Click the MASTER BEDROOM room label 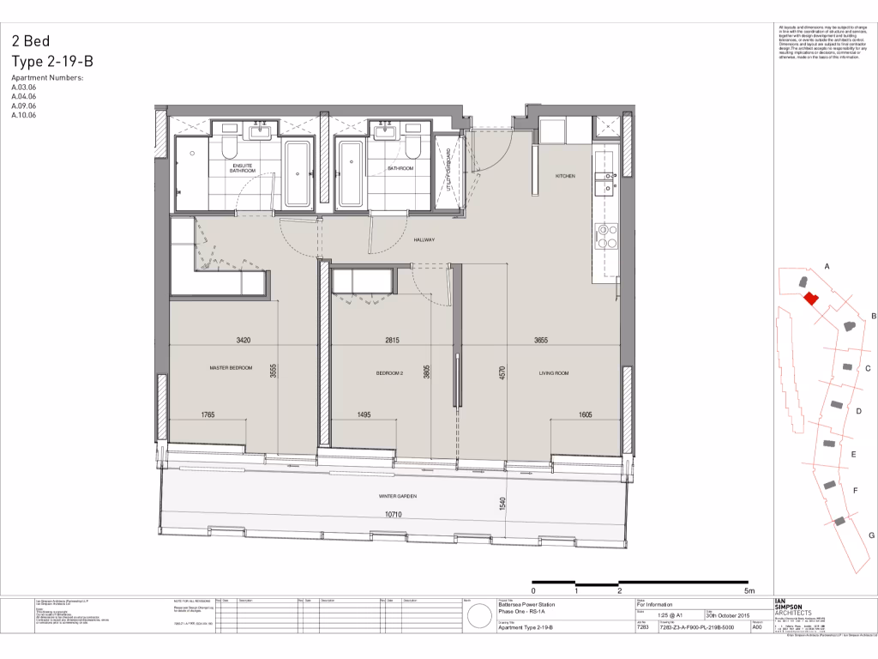pyautogui.click(x=232, y=368)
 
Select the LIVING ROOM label pyautogui.click(x=554, y=373)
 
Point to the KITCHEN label pyautogui.click(x=565, y=176)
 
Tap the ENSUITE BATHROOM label pyautogui.click(x=243, y=167)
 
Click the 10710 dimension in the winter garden pyautogui.click(x=394, y=514)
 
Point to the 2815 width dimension pyautogui.click(x=393, y=341)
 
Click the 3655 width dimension pyautogui.click(x=540, y=341)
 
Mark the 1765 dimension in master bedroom pyautogui.click(x=207, y=415)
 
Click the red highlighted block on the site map pyautogui.click(x=810, y=297)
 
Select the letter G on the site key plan pyautogui.click(x=871, y=535)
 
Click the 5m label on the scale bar pyautogui.click(x=749, y=591)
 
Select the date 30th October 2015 pyautogui.click(x=727, y=615)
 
